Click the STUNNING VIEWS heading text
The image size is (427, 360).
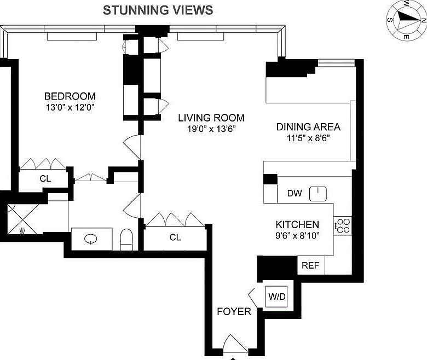(x=158, y=10)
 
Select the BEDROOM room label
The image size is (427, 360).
(x=70, y=96)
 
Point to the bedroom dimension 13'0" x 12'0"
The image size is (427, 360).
(x=70, y=107)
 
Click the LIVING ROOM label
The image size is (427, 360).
(x=211, y=118)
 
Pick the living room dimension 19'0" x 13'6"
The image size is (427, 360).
(x=211, y=129)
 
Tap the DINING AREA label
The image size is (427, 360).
(x=308, y=127)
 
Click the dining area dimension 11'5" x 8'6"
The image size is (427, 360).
(x=308, y=138)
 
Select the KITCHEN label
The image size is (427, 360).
(x=297, y=224)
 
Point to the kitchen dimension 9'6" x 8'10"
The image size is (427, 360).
(x=297, y=235)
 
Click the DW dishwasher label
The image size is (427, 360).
(x=295, y=193)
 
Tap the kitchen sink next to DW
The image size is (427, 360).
(x=318, y=194)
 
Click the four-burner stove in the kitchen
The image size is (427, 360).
(x=343, y=226)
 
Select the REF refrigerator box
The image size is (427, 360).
(x=311, y=265)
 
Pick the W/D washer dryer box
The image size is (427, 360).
(x=277, y=297)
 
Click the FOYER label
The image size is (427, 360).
(x=234, y=311)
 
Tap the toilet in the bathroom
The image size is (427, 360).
(x=126, y=240)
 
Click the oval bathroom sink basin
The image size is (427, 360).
(x=91, y=239)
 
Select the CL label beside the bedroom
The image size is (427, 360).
(x=45, y=178)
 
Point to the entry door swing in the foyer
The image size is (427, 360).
(x=235, y=344)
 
